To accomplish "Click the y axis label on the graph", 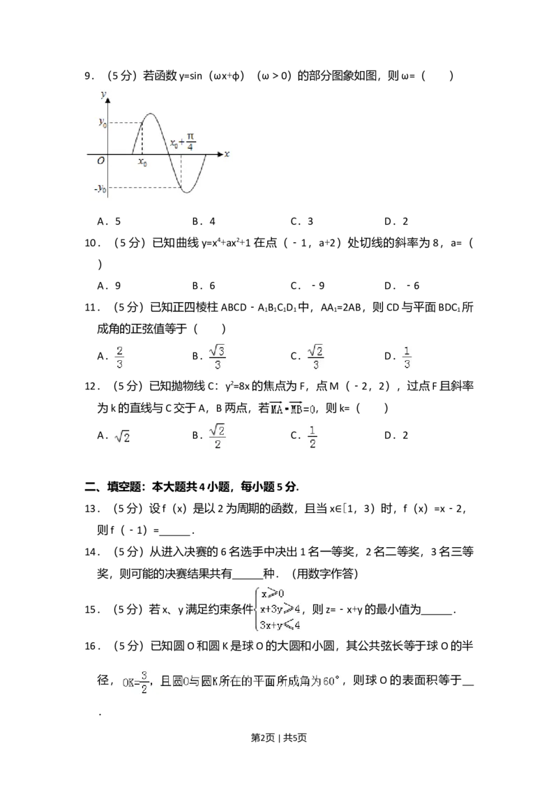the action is pos(103,93).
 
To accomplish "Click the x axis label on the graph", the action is pos(227,153).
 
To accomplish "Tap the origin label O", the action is pos(101,161).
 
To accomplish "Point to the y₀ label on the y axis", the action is pos(102,123).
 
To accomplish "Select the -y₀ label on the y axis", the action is pos(100,188).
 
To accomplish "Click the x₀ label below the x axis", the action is pos(142,162).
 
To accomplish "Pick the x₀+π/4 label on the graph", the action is pos(183,142).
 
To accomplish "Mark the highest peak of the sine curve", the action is pos(151,113).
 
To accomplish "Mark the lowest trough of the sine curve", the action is pos(188,191).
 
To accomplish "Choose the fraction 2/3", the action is pos(120,357).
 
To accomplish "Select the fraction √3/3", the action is pos(218,357).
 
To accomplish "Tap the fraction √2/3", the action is pos(317,357).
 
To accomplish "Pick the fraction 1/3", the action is pos(407,357).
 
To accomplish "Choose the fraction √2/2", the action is pos(218,435).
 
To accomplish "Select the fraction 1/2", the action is pos(312,435).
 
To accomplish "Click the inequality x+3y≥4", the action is pos(280,609).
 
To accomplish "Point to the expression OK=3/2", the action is pos(135,682).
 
